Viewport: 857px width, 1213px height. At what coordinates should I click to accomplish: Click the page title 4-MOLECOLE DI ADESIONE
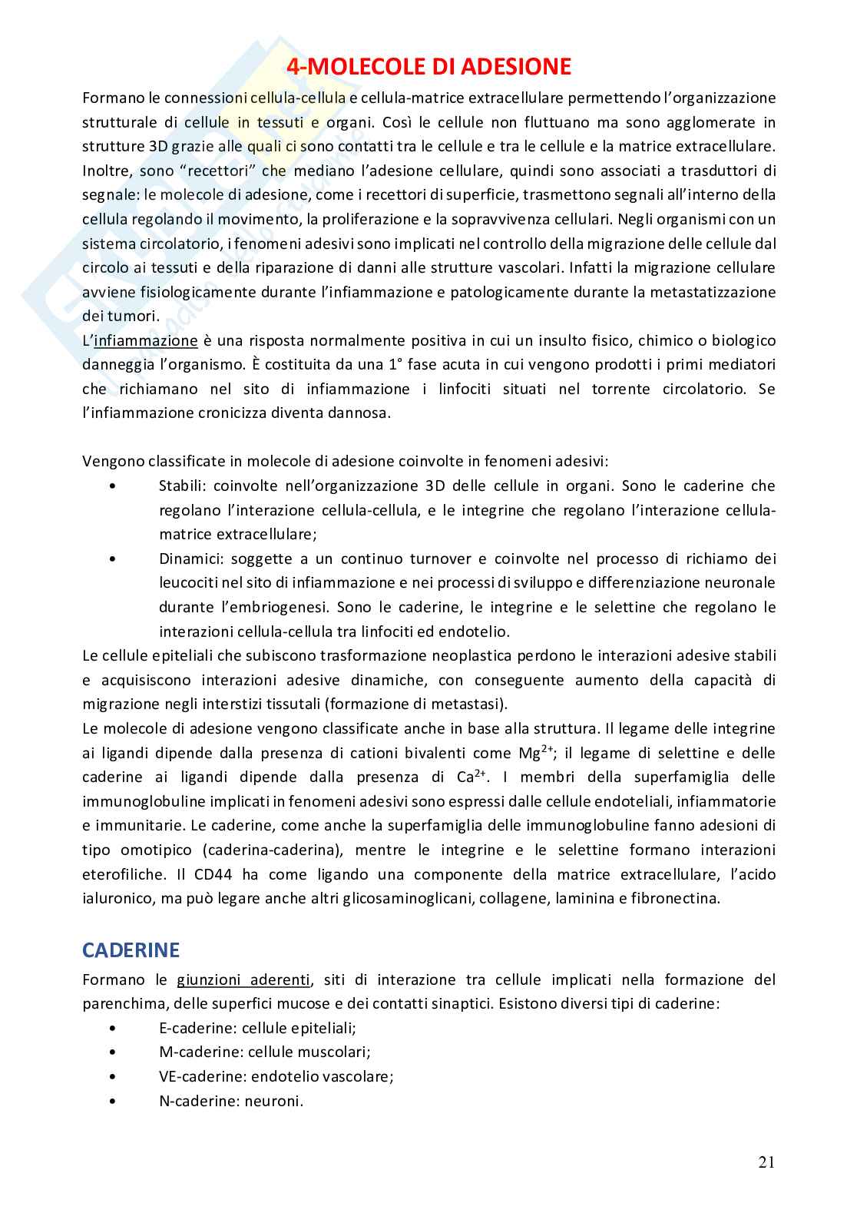tap(428, 67)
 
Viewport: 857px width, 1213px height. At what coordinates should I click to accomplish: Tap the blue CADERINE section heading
tap(131, 950)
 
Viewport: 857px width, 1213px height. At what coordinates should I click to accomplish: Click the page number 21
tap(766, 1162)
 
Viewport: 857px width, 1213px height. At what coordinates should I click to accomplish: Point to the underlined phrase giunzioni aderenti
tap(243, 979)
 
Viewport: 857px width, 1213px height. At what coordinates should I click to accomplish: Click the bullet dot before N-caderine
tap(114, 1101)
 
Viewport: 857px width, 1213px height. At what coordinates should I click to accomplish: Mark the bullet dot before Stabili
tap(114, 486)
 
